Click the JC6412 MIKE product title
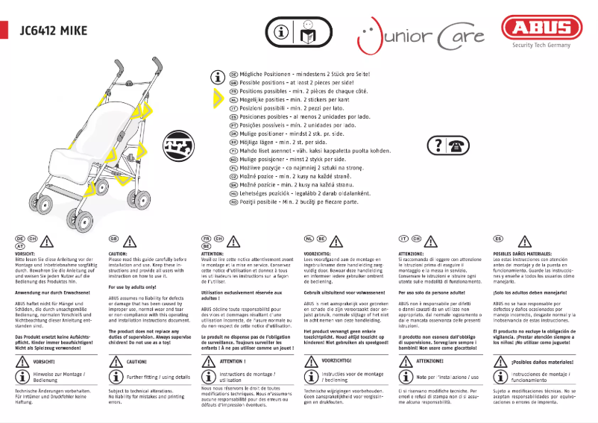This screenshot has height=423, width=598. pos(54,31)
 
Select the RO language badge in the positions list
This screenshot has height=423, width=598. pos(233,201)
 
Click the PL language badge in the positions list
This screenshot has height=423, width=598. pos(233,170)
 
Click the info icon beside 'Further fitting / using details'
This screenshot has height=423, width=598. pos(115,378)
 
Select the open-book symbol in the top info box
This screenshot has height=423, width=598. pos(307,33)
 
